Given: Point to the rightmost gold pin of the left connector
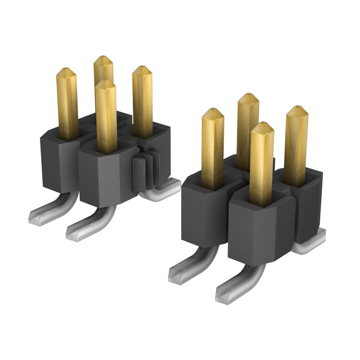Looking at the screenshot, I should (142, 98).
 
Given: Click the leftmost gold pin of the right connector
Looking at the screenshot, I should (212, 143).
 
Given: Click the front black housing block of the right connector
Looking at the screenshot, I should (259, 225).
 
